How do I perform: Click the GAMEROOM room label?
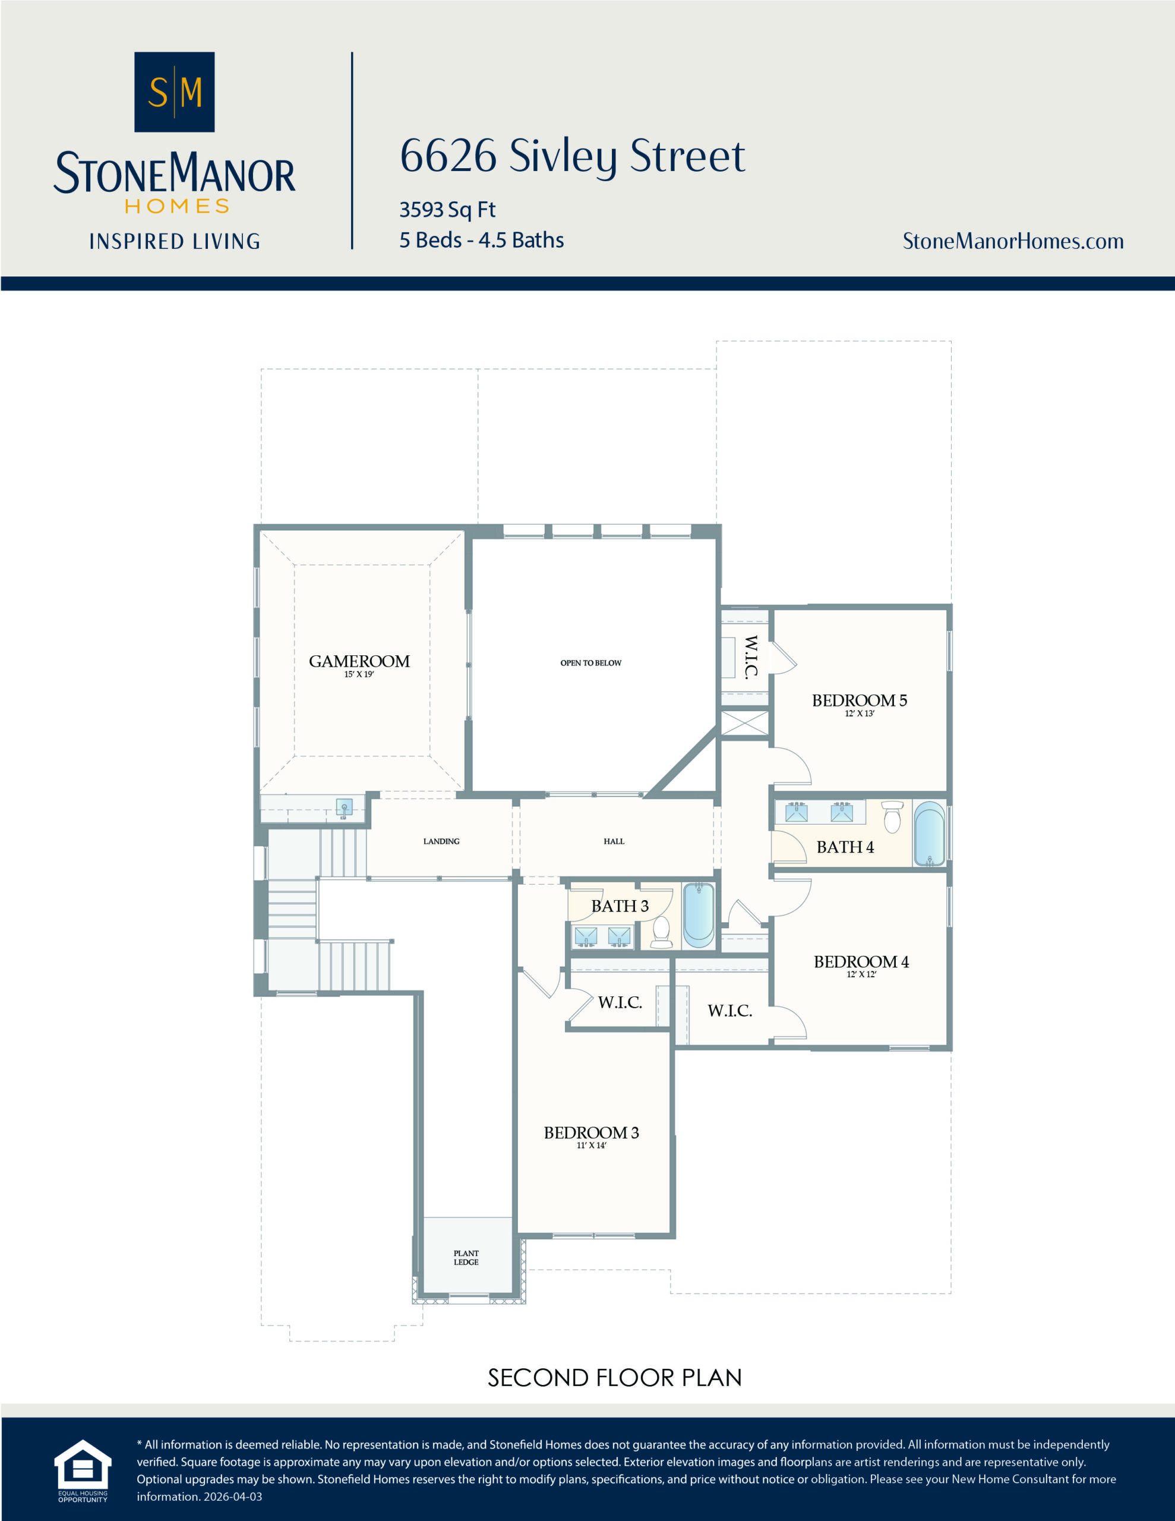(x=359, y=661)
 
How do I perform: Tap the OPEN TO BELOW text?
(x=590, y=663)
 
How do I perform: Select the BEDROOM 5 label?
(x=860, y=700)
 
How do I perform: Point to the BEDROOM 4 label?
(x=861, y=962)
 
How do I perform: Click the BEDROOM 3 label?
(x=591, y=1132)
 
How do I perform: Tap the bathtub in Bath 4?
(x=929, y=834)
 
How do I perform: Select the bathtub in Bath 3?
(x=699, y=914)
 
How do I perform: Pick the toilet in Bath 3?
(x=661, y=932)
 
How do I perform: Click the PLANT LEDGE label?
(x=466, y=1258)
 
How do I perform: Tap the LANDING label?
(x=441, y=841)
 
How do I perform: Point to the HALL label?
(x=614, y=841)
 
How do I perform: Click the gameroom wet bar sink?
(x=344, y=808)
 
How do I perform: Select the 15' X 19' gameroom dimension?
(x=359, y=674)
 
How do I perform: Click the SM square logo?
(x=174, y=92)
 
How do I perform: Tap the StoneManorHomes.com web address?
(x=1013, y=241)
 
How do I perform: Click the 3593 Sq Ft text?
(x=447, y=210)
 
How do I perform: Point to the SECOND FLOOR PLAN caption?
(x=614, y=1378)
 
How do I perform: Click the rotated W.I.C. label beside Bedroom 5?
(x=751, y=656)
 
